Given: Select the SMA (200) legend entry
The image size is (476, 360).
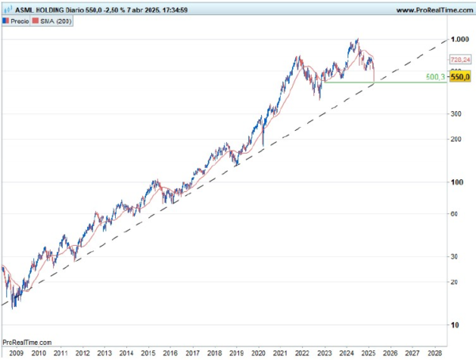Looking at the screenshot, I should (x=56, y=21).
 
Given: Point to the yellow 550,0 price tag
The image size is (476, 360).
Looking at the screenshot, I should (x=460, y=77).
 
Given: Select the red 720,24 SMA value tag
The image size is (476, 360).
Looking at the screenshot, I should (x=459, y=59).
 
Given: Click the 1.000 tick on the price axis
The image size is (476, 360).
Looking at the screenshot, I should (x=459, y=39).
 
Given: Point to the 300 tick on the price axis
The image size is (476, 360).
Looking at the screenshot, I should (x=455, y=113).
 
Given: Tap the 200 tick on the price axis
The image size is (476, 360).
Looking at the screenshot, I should (x=455, y=139).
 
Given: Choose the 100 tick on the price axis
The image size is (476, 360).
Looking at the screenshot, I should (x=455, y=182).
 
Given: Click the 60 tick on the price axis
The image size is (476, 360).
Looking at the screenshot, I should (x=454, y=214).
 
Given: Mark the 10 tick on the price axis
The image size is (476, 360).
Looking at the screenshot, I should (x=454, y=325).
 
